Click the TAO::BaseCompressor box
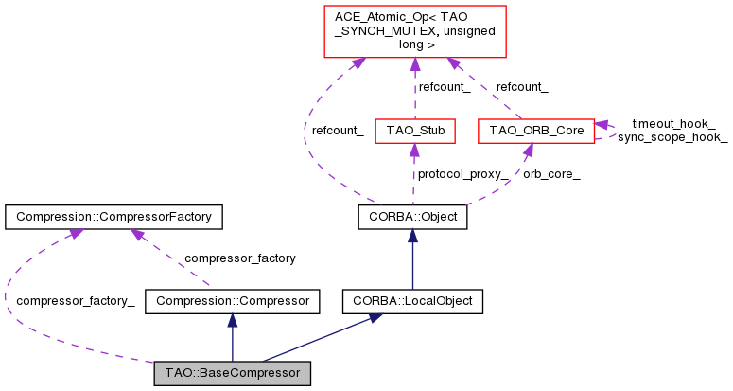click(x=232, y=373)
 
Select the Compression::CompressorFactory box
click(x=113, y=218)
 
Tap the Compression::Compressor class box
click(x=233, y=301)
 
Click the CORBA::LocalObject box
click(x=411, y=301)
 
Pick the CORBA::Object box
click(x=411, y=218)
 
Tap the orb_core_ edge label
click(x=551, y=174)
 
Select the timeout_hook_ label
click(x=673, y=123)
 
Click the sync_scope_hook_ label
click(x=672, y=137)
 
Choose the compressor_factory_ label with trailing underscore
click(x=76, y=301)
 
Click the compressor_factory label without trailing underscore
click(x=239, y=258)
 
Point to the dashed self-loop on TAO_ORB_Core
click(x=610, y=130)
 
